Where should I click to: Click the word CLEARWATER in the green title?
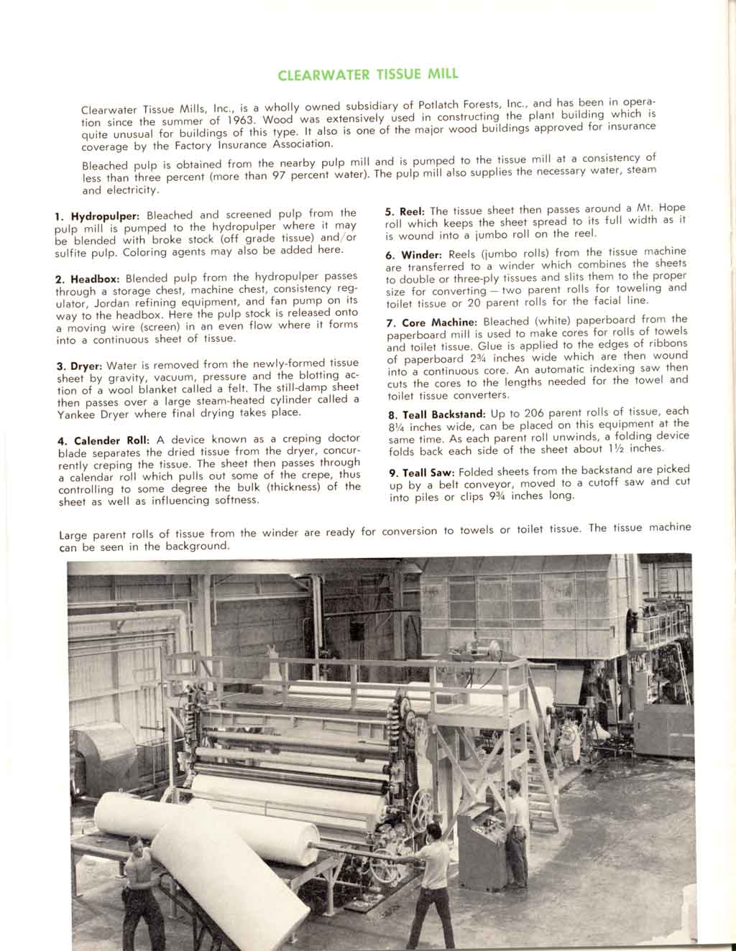pyautogui.click(x=323, y=75)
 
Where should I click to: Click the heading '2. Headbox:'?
pyautogui.click(x=88, y=279)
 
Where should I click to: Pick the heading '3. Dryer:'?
pyautogui.click(x=82, y=366)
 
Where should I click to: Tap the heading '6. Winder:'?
pyautogui.click(x=415, y=255)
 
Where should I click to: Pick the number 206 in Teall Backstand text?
pyautogui.click(x=534, y=412)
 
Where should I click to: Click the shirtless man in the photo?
pyautogui.click(x=142, y=891)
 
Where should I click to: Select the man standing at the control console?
pyautogui.click(x=515, y=826)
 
